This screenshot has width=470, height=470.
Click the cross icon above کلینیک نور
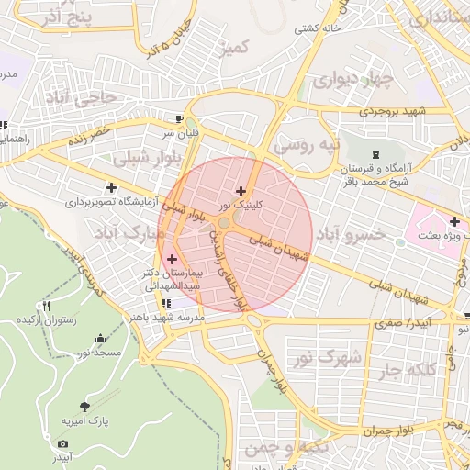tap(241, 191)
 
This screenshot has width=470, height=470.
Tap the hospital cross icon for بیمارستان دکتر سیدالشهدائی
tap(172, 260)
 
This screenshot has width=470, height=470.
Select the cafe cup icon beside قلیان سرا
tap(180, 119)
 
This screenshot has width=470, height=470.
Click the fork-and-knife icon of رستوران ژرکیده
tap(46, 307)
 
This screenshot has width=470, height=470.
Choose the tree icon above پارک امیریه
tap(85, 406)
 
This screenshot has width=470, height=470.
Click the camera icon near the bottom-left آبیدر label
tap(62, 443)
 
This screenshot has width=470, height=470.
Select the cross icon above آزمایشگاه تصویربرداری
tap(111, 187)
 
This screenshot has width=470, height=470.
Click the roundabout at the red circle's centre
tap(225, 224)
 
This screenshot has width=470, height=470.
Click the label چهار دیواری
tap(352, 81)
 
